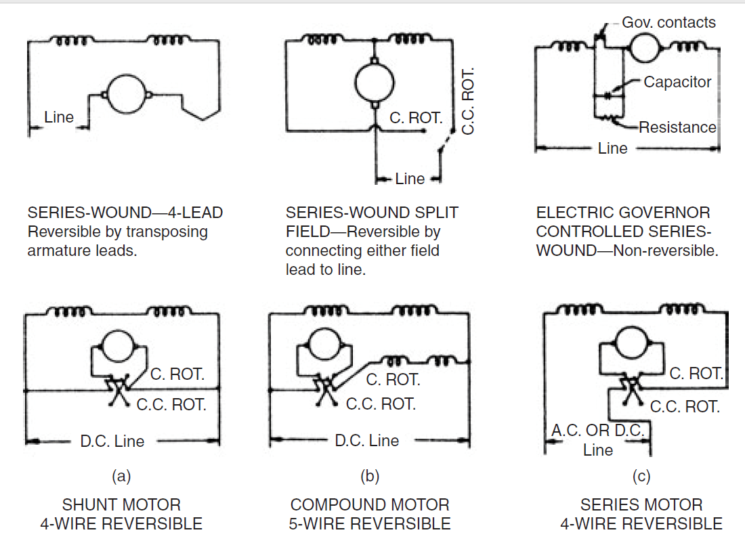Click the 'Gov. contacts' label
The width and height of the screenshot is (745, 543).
point(668,22)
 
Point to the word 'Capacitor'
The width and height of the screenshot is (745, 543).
point(677,82)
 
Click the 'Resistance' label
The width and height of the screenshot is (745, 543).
point(677,127)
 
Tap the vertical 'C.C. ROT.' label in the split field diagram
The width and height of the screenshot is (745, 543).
point(468,101)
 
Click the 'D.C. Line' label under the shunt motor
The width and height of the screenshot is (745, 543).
point(112,441)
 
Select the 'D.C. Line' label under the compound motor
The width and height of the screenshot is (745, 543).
point(367,440)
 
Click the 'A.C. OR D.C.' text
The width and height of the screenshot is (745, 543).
point(598,430)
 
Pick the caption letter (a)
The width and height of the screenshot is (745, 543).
point(121,476)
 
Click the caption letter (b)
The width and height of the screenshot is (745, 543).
point(370,476)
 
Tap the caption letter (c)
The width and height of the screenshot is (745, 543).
point(641,476)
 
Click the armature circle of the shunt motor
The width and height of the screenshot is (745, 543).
point(119,347)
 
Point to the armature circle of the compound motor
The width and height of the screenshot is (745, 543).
point(325,344)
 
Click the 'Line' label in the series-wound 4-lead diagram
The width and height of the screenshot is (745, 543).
point(59,117)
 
